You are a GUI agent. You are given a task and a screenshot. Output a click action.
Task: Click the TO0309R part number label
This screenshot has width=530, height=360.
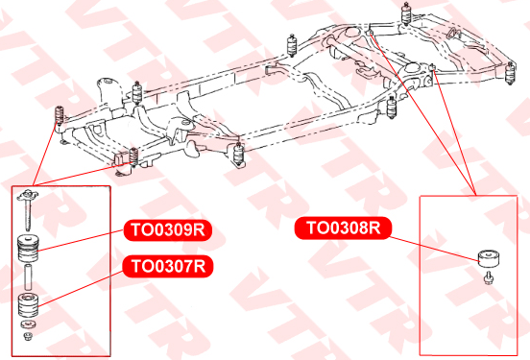point(168,230)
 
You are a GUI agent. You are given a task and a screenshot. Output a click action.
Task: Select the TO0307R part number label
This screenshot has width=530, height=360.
point(168,266)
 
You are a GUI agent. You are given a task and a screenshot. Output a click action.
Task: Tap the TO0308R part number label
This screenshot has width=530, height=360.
point(343,228)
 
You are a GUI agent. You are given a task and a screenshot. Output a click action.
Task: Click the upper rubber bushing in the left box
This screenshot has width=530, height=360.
point(28,248)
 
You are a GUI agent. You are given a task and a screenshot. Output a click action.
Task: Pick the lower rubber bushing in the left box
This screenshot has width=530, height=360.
point(28,305)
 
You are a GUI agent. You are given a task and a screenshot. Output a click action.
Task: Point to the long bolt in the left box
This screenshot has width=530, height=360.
point(28,209)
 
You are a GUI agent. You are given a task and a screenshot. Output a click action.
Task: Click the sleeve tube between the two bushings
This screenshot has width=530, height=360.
point(28,277)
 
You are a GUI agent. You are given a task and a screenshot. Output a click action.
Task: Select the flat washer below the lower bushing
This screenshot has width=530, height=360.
point(29,324)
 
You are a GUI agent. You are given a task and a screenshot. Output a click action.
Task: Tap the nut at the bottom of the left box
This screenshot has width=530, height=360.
point(28,336)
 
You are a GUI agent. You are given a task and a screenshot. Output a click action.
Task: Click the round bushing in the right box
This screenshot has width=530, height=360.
point(489,258)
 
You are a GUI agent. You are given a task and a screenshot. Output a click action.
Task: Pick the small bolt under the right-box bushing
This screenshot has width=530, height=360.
point(488,278)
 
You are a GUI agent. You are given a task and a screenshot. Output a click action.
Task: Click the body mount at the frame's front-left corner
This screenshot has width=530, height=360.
point(60,116)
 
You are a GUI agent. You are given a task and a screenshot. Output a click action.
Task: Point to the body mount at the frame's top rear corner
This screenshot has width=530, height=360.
point(406,13)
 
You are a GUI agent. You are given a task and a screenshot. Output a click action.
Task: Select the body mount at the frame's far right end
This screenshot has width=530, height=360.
point(510,73)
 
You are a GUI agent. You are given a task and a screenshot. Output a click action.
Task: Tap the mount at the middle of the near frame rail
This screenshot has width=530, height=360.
point(239,154)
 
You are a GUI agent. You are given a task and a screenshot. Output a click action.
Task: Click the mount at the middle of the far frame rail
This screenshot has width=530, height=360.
point(292,45)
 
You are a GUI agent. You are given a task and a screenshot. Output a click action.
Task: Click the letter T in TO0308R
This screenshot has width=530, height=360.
point(311,228)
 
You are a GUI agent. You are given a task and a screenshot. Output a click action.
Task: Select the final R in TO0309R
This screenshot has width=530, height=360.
point(200,230)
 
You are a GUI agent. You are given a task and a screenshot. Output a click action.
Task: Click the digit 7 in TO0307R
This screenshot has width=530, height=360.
point(187,266)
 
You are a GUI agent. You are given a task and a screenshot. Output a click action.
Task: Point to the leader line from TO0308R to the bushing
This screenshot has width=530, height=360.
point(434,250)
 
